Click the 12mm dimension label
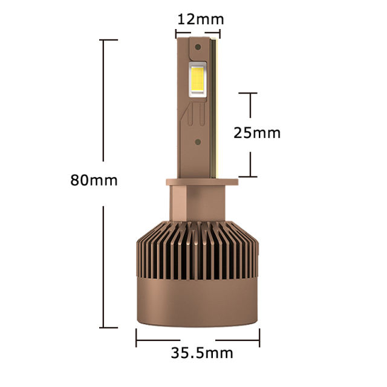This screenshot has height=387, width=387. tap(200, 18)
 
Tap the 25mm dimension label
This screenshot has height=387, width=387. tap(258, 132)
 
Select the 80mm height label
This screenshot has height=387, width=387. tap(94, 180)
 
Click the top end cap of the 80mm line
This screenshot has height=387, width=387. tap(109, 40)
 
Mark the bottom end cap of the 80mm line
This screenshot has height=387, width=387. tap(109, 328)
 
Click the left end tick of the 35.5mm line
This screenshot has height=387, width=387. tap(137, 337)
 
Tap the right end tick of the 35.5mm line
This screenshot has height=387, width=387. tap(259, 337)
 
